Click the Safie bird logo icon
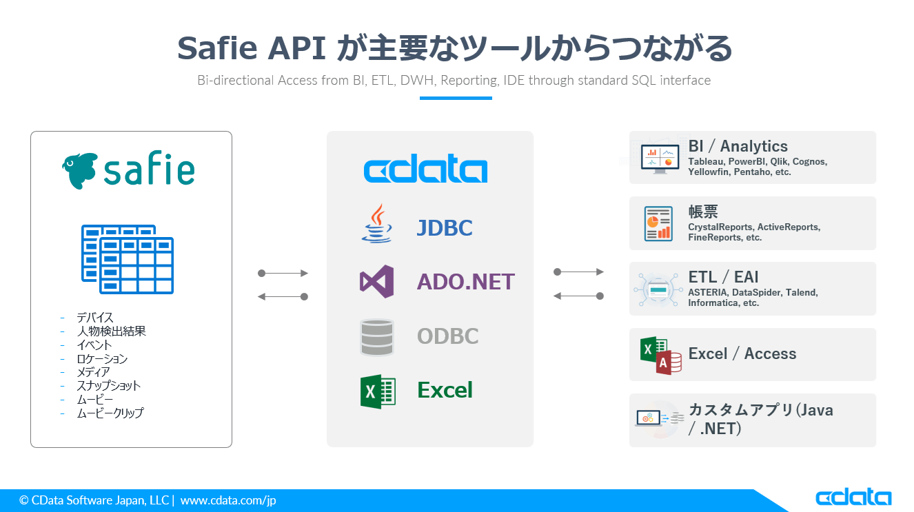coord(79,171)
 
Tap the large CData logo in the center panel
coord(425,170)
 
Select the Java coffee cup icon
coord(376,223)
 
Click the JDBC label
coord(445,228)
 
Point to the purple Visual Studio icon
coord(377,281)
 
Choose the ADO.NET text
coord(466,282)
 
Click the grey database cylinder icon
coord(377,336)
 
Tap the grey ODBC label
coord(447,336)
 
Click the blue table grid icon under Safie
coord(128,258)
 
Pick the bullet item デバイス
coord(95,318)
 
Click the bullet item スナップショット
coord(108,386)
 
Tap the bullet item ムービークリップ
coord(110,413)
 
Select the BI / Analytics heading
coord(738,146)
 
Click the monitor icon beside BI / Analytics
coord(660,158)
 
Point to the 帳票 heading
coord(703,212)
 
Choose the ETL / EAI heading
coord(723,277)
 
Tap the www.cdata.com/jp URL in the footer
coord(228,500)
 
